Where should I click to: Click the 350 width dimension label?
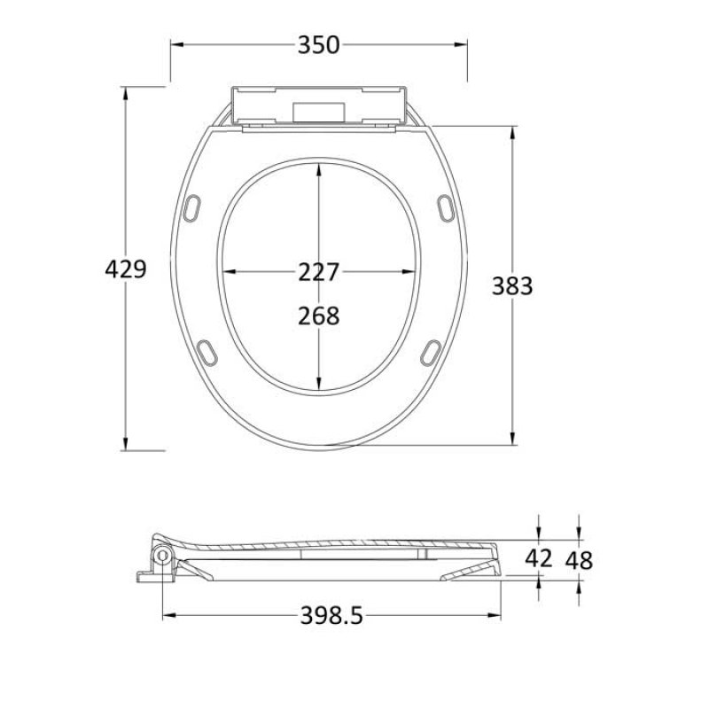point(319,44)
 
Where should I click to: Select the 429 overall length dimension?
point(125,269)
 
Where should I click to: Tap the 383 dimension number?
point(513,286)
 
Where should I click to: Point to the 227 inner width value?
point(318,272)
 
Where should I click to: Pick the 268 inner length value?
point(318,316)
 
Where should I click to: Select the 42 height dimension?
point(539,558)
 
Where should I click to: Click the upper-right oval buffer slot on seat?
point(444,206)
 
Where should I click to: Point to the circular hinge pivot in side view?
point(163,556)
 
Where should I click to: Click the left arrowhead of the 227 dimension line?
point(225,272)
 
